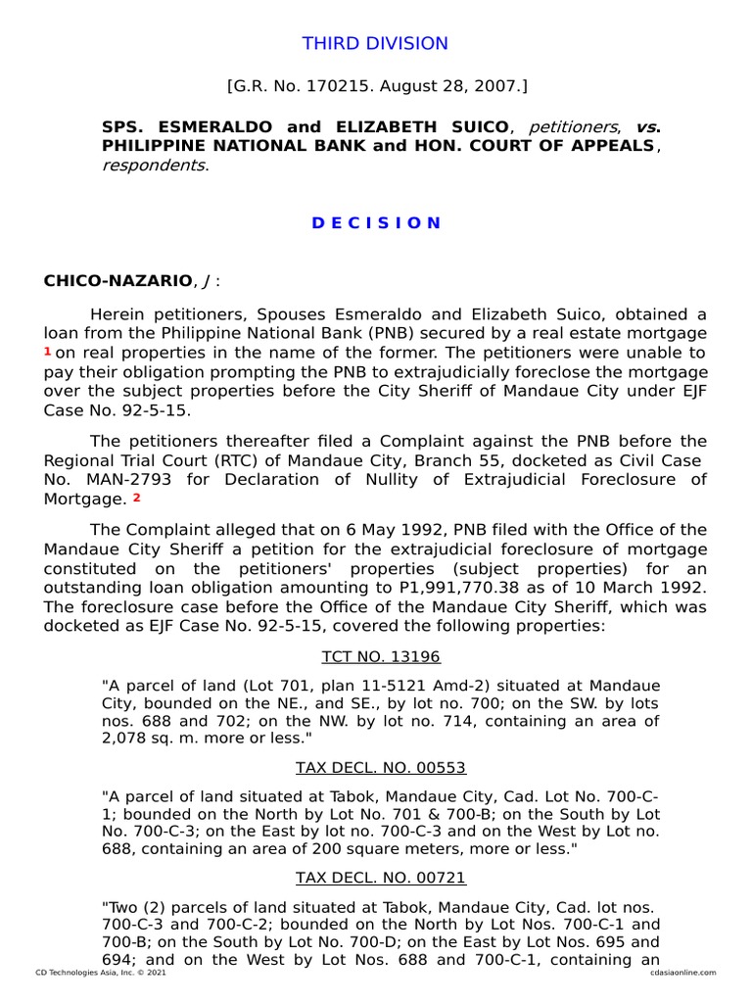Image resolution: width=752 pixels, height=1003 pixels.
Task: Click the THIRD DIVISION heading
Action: click(375, 44)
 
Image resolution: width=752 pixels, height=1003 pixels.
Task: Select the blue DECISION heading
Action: click(376, 222)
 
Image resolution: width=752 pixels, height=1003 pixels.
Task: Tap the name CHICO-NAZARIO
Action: click(117, 281)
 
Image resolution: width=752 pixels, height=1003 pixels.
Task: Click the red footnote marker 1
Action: click(47, 351)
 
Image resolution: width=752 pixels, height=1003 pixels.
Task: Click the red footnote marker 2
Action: click(136, 498)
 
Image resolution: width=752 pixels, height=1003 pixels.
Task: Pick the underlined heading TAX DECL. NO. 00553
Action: click(381, 767)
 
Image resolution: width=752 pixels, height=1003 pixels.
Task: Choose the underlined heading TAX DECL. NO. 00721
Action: click(381, 878)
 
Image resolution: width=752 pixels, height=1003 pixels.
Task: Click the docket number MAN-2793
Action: click(115, 480)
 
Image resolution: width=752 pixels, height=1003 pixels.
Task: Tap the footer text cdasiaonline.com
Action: click(682, 973)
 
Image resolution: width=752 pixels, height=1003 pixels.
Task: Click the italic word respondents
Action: click(154, 165)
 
